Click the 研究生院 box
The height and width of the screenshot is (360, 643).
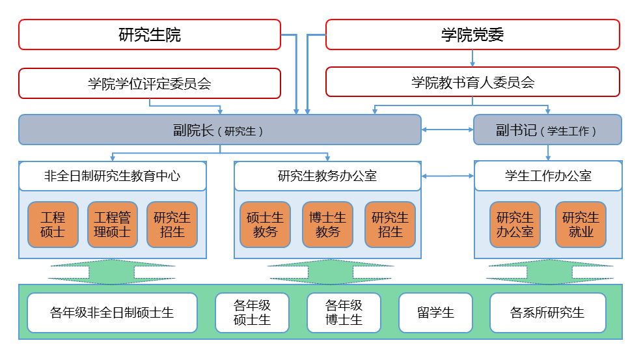150,35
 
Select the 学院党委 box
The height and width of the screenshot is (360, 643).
472,35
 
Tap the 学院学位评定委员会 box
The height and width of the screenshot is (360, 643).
150,83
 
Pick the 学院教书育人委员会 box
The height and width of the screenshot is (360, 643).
472,83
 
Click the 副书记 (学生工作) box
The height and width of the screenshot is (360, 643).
547,130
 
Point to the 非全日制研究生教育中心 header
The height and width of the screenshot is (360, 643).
113,176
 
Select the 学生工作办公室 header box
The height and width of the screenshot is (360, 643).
548,176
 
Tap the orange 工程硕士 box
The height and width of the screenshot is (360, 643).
53,225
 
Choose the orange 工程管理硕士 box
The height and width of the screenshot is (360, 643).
112,225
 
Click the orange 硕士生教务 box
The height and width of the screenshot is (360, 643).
265,225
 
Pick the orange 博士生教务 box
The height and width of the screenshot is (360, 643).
327,225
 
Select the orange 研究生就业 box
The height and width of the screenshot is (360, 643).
581,225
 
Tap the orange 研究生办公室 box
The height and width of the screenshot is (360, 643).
515,225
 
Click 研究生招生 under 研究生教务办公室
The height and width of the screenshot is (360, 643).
390,225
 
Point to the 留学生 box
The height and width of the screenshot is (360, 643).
435,312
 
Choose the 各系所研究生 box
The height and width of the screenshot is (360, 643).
547,312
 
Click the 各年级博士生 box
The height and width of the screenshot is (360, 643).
344,312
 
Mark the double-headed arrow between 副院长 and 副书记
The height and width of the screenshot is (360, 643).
448,130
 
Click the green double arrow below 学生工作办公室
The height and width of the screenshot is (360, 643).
549,272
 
